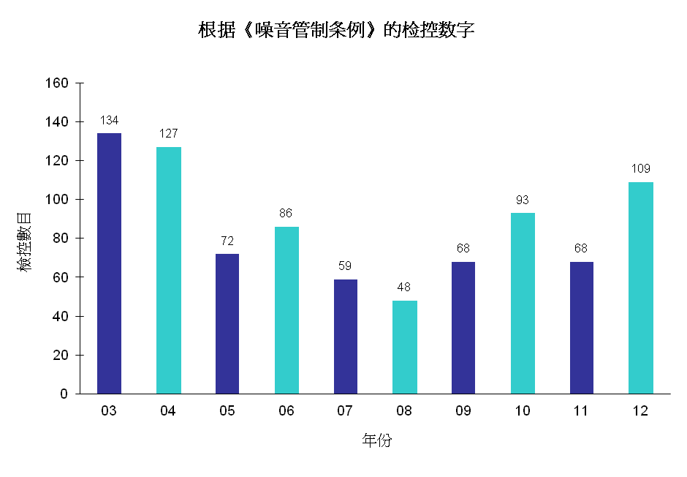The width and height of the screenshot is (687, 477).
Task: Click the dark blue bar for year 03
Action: click(x=109, y=263)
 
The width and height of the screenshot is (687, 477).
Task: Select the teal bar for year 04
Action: click(x=168, y=270)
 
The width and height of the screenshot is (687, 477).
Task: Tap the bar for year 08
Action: click(x=405, y=347)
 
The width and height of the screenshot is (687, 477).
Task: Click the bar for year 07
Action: click(x=346, y=337)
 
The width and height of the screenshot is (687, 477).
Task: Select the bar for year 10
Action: click(x=523, y=303)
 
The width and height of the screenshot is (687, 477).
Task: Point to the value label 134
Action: click(x=109, y=120)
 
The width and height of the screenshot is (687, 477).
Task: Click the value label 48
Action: click(x=404, y=287)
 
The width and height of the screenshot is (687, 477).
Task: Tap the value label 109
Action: click(x=641, y=168)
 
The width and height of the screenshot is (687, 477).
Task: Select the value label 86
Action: click(x=286, y=214)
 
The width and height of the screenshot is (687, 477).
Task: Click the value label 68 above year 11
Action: click(x=581, y=249)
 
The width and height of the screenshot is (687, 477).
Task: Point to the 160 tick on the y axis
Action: click(x=57, y=83)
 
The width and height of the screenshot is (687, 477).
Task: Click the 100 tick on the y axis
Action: click(x=57, y=200)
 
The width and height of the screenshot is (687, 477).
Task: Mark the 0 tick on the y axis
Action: click(x=64, y=394)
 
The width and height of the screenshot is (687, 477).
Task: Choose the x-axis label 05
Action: click(x=227, y=411)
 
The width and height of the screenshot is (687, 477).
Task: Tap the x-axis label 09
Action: click(x=463, y=411)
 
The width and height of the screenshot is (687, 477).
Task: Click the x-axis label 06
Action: click(x=286, y=411)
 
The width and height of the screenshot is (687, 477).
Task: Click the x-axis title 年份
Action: click(x=376, y=440)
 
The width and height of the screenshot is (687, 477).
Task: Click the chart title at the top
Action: click(x=337, y=30)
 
